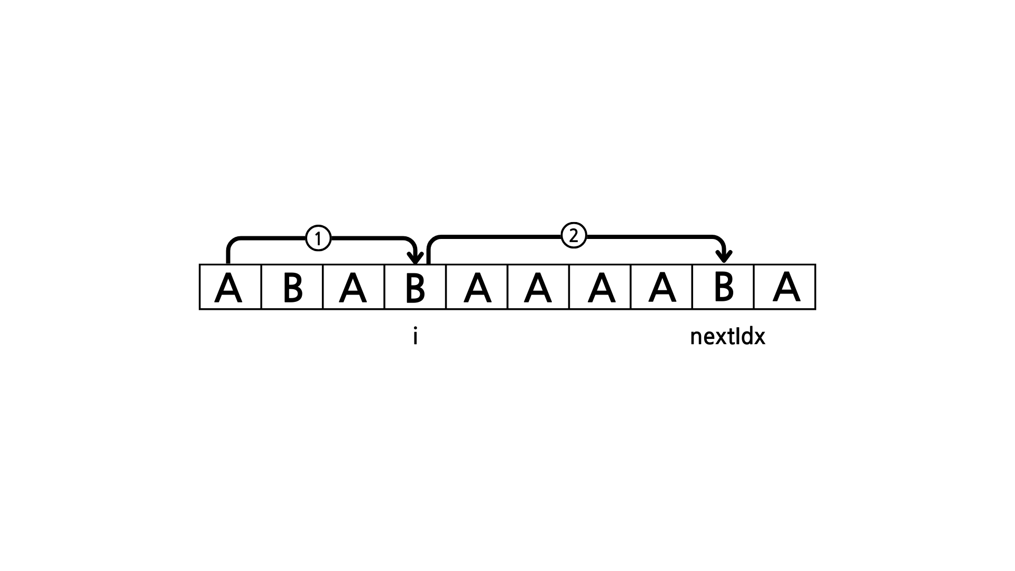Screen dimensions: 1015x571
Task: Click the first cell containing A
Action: click(230, 287)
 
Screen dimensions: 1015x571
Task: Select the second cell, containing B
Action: click(292, 287)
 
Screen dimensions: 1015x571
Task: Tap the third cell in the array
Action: click(353, 287)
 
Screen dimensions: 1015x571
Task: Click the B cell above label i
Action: click(415, 287)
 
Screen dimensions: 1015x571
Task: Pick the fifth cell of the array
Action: click(477, 287)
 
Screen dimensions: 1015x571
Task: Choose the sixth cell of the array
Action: click(538, 287)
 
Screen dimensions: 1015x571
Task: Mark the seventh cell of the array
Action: click(600, 287)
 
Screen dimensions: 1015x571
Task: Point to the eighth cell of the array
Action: click(661, 287)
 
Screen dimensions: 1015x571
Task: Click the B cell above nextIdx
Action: click(723, 287)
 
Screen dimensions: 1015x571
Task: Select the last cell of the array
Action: click(785, 287)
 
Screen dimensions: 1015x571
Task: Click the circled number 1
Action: click(318, 238)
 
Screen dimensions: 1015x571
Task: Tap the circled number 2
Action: click(574, 235)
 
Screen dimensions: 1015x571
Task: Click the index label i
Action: click(416, 337)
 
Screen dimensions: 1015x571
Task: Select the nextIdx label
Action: click(727, 337)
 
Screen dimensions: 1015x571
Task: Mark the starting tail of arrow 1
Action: click(228, 260)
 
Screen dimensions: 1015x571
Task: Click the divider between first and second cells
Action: click(261, 287)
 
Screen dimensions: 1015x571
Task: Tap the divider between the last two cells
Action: click(754, 287)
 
